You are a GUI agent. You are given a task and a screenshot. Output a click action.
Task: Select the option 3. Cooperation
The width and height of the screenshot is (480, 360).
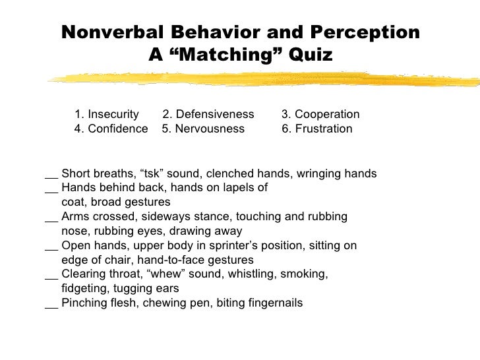[320, 113]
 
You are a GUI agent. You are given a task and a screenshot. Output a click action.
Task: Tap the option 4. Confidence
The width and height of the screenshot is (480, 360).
[111, 129]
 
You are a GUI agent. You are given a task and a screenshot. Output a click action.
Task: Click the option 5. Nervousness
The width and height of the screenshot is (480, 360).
[202, 129]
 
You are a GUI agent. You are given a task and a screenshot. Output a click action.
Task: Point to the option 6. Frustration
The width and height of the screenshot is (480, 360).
[316, 129]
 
